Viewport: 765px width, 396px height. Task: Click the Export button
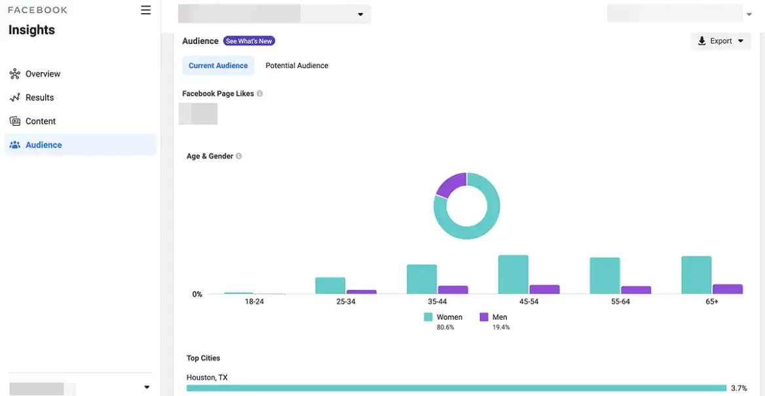(x=720, y=41)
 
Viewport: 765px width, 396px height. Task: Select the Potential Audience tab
(x=297, y=66)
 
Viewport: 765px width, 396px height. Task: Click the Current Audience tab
(x=218, y=66)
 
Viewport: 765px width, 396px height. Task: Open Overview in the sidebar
(x=43, y=74)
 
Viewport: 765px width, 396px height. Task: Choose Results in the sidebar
(x=39, y=98)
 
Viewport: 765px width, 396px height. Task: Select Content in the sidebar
(x=40, y=121)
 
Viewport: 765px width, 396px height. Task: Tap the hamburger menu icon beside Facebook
(x=145, y=10)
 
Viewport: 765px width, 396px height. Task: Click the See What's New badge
(x=249, y=41)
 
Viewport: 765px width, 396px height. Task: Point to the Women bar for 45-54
(x=513, y=275)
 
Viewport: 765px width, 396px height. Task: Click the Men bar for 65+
(x=728, y=289)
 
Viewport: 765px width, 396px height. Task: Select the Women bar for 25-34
(x=330, y=285)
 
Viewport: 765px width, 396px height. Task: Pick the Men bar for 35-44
(x=453, y=290)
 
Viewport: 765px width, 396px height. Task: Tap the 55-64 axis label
(x=620, y=302)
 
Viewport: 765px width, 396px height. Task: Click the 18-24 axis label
(x=254, y=302)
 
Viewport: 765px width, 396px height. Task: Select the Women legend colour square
(x=428, y=317)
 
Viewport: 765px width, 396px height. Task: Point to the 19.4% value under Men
(x=500, y=327)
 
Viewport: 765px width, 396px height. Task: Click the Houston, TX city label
(x=206, y=378)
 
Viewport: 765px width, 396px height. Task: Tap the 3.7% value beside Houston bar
(x=739, y=388)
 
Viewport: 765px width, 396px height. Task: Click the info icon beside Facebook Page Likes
(x=260, y=94)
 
